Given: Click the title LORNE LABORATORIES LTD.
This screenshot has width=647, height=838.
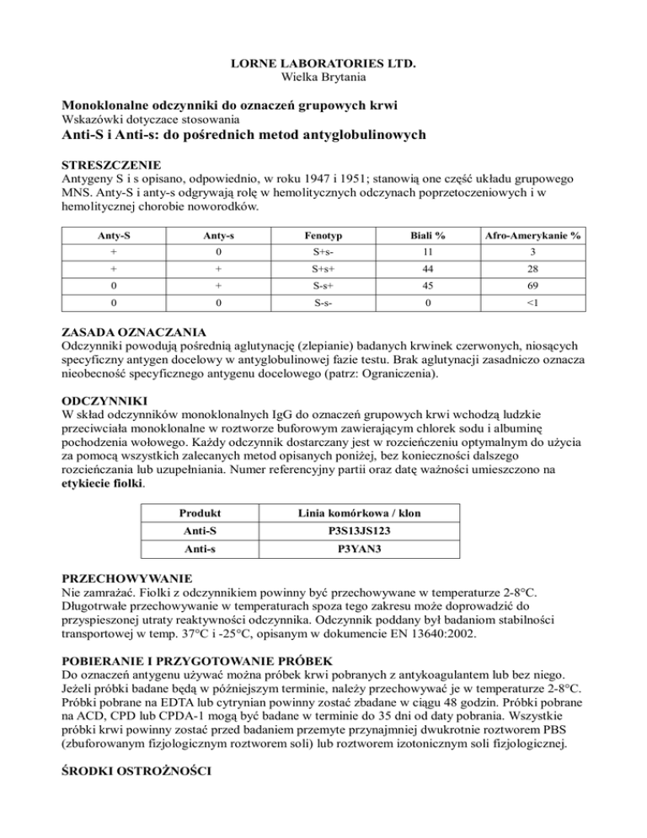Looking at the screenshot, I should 323,64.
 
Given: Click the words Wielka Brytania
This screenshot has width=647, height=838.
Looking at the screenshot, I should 323,78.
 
